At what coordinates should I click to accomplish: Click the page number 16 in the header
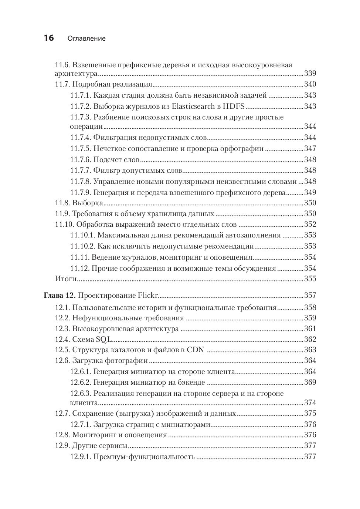click(x=49, y=38)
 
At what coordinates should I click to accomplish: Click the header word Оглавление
click(x=87, y=38)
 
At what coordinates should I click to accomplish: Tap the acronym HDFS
click(x=234, y=106)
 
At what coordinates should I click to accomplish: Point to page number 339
click(x=310, y=73)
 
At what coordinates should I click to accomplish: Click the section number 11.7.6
click(x=80, y=160)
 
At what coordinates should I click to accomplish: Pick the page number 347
click(x=310, y=149)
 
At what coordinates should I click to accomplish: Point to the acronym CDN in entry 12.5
click(x=196, y=350)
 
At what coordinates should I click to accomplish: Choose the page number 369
click(x=310, y=382)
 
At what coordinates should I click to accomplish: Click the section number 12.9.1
click(x=80, y=457)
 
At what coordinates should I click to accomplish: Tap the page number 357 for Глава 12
click(x=310, y=296)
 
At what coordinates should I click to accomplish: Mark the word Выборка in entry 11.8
click(x=88, y=203)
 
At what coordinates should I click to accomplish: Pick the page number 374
click(x=310, y=403)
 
